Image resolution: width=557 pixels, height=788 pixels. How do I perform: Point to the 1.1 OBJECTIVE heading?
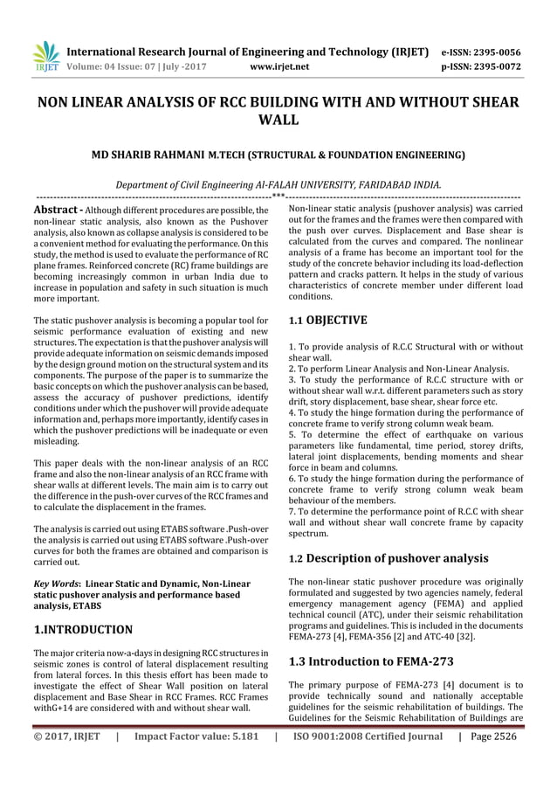pos(327,321)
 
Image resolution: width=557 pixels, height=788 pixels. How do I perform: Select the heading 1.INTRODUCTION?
pos(83,629)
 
